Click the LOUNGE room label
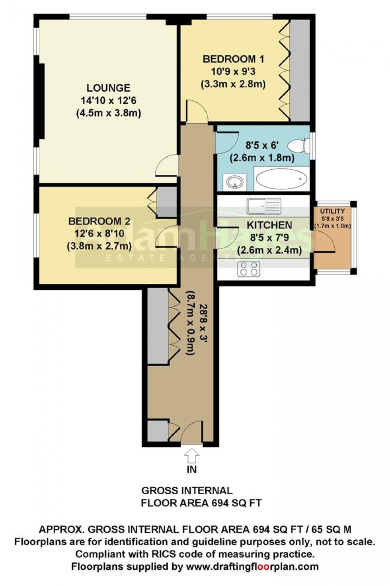109,88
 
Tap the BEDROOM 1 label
233,59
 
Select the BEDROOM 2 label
99,221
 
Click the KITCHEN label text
269,225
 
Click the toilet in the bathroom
298,146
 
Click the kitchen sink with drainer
264,206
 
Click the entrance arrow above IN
192,454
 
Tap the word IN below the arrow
192,469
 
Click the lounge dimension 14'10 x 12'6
109,100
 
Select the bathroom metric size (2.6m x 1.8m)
262,158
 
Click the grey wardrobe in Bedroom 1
300,70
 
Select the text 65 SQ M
332,529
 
